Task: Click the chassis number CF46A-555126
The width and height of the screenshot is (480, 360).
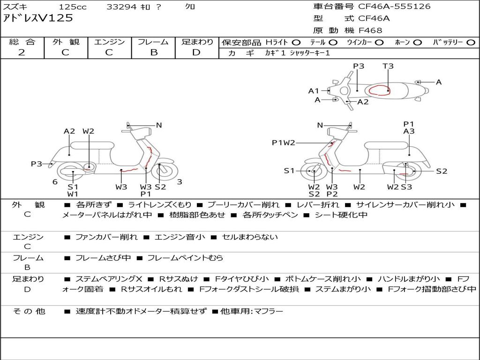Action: tap(394, 7)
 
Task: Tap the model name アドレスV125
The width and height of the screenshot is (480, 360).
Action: tap(38, 18)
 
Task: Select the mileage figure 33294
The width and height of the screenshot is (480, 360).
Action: tap(121, 7)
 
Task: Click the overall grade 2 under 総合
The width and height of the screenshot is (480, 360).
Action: tap(22, 52)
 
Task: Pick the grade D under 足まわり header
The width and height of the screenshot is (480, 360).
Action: tap(196, 52)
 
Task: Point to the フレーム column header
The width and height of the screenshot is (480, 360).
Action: tap(153, 42)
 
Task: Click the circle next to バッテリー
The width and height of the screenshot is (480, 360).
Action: tap(471, 43)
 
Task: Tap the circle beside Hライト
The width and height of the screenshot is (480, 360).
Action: tap(296, 43)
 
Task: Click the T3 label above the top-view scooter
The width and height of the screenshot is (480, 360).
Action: tap(388, 66)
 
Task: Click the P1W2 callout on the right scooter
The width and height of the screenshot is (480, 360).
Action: tap(284, 142)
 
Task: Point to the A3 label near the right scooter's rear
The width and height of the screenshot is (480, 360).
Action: tap(409, 131)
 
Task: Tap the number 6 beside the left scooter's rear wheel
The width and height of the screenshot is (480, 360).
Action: tap(55, 182)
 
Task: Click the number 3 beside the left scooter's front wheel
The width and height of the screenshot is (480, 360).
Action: tap(180, 182)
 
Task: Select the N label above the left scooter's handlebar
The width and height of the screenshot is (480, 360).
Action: tap(159, 125)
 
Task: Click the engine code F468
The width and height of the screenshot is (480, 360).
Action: tap(370, 30)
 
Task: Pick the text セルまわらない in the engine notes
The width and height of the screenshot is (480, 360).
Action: tap(250, 237)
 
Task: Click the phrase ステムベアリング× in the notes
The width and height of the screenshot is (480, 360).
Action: tap(109, 279)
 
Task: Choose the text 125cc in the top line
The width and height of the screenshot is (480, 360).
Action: tap(73, 7)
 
